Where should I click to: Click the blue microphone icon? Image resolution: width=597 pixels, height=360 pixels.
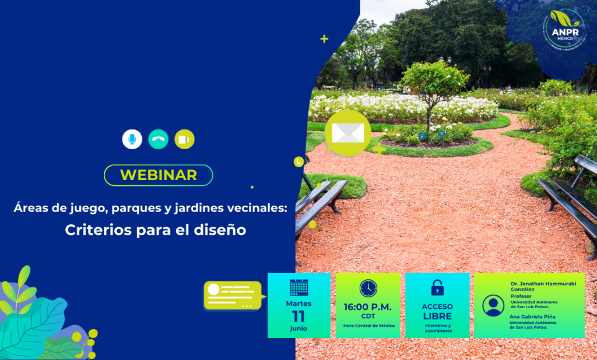click(x=132, y=139)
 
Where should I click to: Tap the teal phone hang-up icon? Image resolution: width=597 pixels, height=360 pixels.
click(x=158, y=139)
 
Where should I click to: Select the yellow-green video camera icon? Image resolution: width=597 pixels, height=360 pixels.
click(x=184, y=139)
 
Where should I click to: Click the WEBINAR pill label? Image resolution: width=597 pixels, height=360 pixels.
click(x=159, y=175)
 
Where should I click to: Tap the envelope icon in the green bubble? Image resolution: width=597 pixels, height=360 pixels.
click(x=347, y=133)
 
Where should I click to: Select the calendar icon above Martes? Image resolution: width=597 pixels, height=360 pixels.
click(x=299, y=287)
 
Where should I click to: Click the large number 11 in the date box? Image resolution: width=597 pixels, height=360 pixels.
click(x=298, y=316)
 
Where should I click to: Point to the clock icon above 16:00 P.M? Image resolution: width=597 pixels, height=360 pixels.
click(x=368, y=288)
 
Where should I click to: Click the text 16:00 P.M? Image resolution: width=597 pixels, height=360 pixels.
click(x=367, y=307)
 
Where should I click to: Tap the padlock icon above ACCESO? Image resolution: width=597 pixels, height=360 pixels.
click(x=437, y=287)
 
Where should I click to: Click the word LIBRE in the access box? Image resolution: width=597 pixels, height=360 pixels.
click(x=437, y=316)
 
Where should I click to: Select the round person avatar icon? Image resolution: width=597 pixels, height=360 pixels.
click(x=493, y=305)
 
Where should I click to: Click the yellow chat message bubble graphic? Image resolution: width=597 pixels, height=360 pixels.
click(x=233, y=295)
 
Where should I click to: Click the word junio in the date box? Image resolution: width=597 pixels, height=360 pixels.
click(x=298, y=329)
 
